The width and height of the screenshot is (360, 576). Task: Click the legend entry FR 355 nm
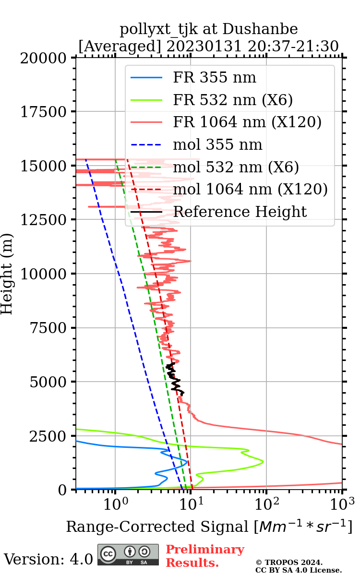215,78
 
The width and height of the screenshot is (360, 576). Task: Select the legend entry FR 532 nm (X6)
233,100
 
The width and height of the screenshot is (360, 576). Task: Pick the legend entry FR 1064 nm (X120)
247,122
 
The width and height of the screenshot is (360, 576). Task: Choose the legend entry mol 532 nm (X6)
236,167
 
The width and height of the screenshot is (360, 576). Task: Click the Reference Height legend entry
240,212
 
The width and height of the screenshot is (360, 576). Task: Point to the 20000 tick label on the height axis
45,59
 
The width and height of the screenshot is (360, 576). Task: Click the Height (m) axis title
7,274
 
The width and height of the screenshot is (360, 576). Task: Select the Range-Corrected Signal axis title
209,527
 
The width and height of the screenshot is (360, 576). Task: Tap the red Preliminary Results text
204,556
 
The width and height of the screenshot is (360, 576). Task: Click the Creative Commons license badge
128,554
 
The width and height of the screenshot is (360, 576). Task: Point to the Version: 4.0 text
48,559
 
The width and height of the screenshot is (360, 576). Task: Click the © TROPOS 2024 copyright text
289,563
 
